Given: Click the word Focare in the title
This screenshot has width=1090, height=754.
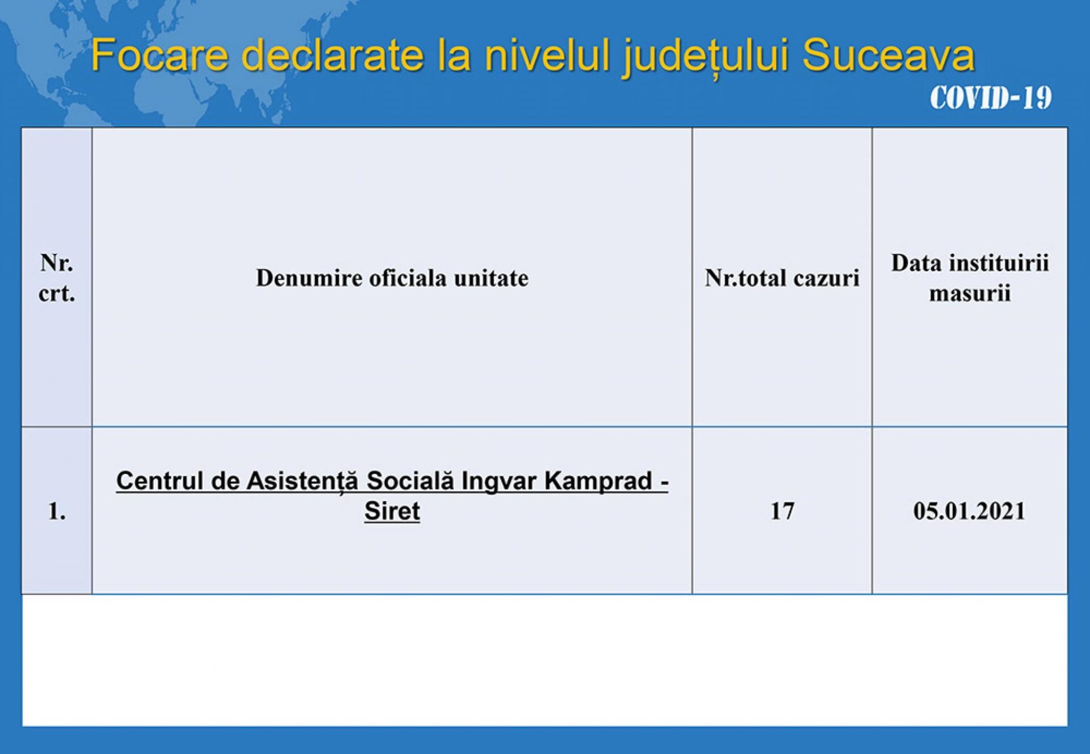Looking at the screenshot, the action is click(160, 55).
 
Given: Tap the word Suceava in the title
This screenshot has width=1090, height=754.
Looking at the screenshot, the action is click(888, 55).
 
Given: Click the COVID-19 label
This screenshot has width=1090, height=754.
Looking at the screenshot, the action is click(991, 98).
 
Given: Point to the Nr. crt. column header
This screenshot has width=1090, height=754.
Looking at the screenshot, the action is click(57, 278).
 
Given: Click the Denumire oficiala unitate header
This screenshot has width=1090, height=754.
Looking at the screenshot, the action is click(392, 278).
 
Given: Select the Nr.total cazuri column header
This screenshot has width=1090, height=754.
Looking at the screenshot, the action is click(782, 278).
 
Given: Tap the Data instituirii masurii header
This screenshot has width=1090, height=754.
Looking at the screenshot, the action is click(970, 278).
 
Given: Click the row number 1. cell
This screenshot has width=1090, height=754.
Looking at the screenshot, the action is click(57, 512).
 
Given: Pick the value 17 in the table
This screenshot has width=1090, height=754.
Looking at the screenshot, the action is click(782, 511).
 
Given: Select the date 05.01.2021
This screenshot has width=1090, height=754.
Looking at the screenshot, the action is click(970, 511).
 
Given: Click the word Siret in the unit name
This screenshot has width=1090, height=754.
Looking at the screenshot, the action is click(392, 511).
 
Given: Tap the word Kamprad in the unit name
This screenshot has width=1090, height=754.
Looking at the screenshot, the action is click(598, 481).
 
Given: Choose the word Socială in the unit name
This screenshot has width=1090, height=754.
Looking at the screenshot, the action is click(410, 481).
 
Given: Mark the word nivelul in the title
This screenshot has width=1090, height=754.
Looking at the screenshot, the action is click(547, 55).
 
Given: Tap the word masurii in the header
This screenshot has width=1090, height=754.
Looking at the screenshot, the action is click(970, 294).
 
